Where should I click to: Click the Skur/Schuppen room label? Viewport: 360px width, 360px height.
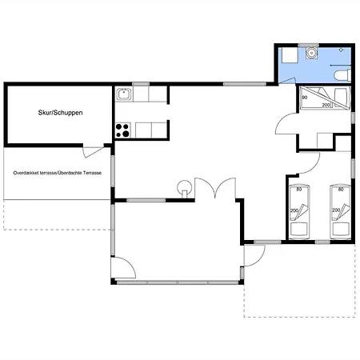[x=60, y=113]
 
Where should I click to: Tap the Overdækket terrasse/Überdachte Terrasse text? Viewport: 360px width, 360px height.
[x=58, y=173]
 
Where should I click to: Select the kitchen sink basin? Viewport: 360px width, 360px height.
[x=124, y=94]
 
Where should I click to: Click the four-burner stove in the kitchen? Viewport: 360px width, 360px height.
[x=122, y=130]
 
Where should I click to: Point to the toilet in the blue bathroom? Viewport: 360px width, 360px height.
[x=342, y=75]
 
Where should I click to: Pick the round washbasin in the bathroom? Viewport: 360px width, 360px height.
[x=311, y=53]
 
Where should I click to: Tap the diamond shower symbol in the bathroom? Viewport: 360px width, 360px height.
[x=341, y=50]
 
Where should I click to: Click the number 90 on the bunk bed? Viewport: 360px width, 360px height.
[x=305, y=98]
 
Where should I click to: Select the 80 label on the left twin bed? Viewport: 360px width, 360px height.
[x=299, y=189]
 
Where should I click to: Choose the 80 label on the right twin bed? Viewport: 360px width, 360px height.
[x=341, y=189]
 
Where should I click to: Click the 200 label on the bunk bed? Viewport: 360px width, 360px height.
[x=326, y=105]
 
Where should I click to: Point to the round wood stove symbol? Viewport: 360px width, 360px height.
[x=184, y=186]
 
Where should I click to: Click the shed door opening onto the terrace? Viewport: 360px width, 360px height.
[x=93, y=152]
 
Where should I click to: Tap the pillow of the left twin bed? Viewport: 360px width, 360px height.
[x=299, y=230]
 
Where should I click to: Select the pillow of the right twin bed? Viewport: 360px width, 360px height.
[x=341, y=230]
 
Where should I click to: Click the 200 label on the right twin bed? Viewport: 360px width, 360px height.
[x=336, y=210]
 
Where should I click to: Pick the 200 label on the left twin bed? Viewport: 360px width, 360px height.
[x=294, y=210]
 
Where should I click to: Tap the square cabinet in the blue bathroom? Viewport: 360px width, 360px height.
[x=290, y=55]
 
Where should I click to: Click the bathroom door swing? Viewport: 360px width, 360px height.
[x=287, y=80]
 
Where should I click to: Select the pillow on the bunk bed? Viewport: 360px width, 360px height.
[x=342, y=98]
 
